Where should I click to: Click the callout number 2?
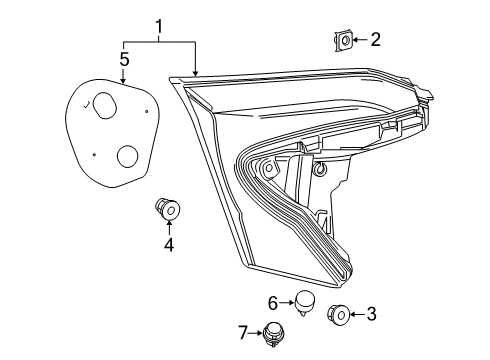click(x=375, y=40)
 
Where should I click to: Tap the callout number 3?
click(x=371, y=315)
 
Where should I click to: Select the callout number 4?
click(x=169, y=243)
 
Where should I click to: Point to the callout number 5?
click(x=124, y=60)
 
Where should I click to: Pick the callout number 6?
click(x=272, y=301)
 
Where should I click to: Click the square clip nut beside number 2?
click(x=343, y=40)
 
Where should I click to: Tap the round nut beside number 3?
click(x=338, y=316)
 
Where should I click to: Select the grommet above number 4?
click(x=167, y=209)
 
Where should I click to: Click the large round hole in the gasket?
click(x=127, y=156)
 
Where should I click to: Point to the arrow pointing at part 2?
click(x=359, y=40)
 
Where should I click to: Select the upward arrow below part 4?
click(x=168, y=227)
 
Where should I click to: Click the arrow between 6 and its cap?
click(x=286, y=301)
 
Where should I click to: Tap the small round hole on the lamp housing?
click(x=319, y=169)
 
